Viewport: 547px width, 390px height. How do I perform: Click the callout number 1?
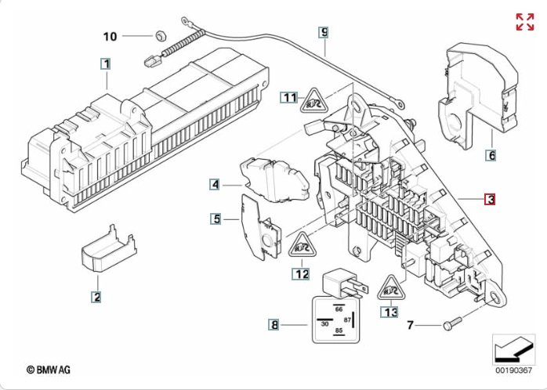tap(106, 64)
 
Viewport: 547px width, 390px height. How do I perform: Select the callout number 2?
tap(96, 297)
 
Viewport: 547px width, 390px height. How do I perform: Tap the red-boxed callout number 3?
tap(490, 200)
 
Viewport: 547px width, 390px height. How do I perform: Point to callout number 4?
tap(215, 184)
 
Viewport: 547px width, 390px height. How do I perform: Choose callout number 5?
tap(216, 218)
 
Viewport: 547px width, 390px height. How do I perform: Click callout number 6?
tap(491, 155)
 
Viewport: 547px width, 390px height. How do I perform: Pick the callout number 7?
tap(411, 325)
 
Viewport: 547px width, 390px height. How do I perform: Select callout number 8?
tap(274, 325)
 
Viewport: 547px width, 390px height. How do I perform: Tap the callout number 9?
tap(324, 32)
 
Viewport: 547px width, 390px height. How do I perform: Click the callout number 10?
tap(110, 36)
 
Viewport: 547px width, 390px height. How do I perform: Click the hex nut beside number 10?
tap(160, 35)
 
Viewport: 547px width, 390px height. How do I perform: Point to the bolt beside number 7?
tap(452, 323)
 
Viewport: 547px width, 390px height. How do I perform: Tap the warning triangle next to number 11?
tap(314, 101)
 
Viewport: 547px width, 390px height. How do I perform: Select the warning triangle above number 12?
tap(302, 245)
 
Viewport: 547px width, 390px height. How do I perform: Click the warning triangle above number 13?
tap(391, 288)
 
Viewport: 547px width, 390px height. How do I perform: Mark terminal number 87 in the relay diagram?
tap(347, 320)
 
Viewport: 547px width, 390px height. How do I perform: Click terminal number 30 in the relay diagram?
tap(324, 323)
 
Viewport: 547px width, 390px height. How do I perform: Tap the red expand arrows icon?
tap(525, 22)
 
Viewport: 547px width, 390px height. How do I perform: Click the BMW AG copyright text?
tap(49, 370)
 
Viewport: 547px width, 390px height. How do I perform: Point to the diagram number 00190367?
tap(514, 370)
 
